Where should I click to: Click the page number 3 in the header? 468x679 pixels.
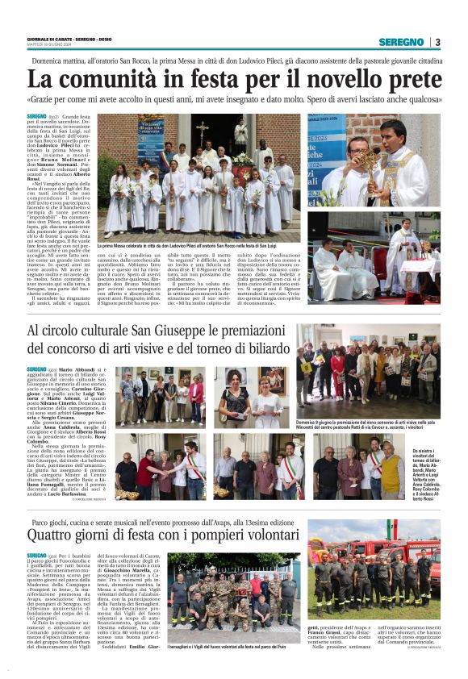(437, 42)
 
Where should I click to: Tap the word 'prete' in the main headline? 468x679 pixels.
(411, 79)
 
